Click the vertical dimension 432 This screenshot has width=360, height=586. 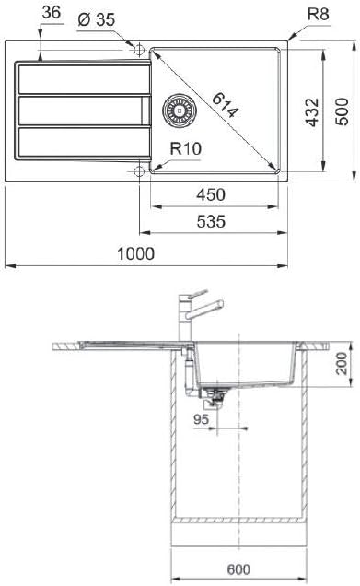click(x=312, y=110)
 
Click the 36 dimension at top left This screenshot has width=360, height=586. click(x=52, y=13)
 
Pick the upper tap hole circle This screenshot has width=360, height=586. click(x=139, y=48)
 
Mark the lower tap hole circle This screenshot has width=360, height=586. click(x=139, y=170)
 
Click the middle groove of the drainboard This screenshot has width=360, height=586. click(x=78, y=110)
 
